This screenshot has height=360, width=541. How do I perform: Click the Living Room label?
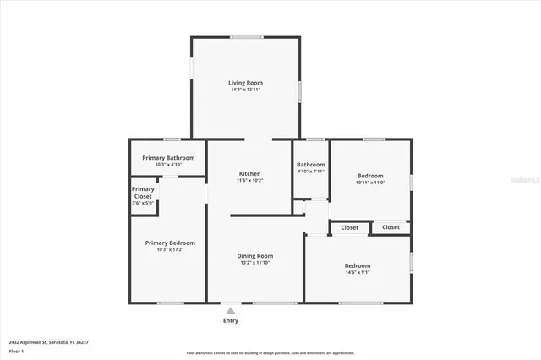tap(245, 82)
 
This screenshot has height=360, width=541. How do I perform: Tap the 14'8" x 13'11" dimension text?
tap(245, 90)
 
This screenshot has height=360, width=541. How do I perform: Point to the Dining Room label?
tap(254, 255)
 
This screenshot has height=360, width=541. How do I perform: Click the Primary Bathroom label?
tap(168, 157)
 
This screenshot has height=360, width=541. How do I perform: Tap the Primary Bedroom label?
tap(169, 242)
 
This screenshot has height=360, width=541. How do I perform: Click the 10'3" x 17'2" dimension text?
tap(169, 249)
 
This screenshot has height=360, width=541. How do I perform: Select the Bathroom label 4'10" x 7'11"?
tap(310, 165)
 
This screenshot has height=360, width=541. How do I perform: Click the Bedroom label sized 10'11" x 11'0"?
tap(370, 175)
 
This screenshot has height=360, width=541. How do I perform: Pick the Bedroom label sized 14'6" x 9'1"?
tap(358, 265)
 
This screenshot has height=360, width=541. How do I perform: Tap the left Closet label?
tap(349, 227)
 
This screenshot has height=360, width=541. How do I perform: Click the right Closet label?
tap(391, 227)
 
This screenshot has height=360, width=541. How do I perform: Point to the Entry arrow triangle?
tap(230, 311)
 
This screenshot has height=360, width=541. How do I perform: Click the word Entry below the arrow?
tap(230, 320)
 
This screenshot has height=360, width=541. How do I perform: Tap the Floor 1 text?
tap(16, 350)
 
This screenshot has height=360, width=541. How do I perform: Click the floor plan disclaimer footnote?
tap(270, 352)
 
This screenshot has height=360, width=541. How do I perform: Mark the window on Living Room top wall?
tap(245, 37)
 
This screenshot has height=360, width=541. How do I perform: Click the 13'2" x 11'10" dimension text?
tap(254, 263)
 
